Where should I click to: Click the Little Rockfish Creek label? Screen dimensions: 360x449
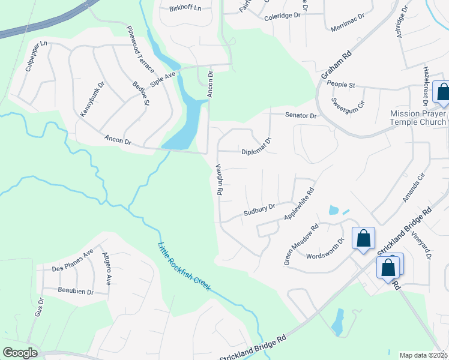pos(184,267)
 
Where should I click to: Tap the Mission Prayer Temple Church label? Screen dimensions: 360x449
pos(418,118)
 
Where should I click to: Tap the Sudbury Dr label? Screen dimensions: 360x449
pos(259,210)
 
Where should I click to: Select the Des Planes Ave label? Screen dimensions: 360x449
pos(73,261)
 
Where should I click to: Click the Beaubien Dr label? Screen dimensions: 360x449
pos(74,292)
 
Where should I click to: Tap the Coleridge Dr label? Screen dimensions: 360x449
pos(282,17)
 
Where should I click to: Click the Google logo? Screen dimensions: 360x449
pos(20,353)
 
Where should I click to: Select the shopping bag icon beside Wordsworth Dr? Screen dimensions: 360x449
pos(364,238)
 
